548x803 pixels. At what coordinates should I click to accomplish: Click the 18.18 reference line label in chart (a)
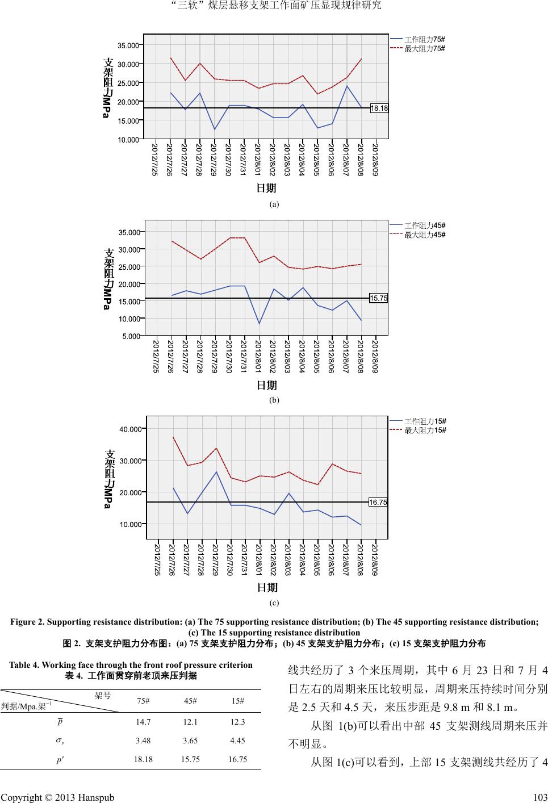(379, 108)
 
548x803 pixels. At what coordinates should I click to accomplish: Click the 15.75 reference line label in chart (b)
(378, 298)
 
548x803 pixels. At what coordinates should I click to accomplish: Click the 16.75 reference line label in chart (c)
(378, 502)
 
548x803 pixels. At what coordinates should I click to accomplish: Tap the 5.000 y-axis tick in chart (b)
(132, 336)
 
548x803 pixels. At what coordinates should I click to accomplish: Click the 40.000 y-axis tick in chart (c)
(131, 429)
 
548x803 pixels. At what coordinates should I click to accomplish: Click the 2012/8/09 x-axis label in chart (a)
(375, 160)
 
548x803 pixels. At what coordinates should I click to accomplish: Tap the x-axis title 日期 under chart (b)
(267, 386)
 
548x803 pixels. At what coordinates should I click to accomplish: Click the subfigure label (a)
(274, 203)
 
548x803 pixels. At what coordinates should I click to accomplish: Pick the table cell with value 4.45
(238, 740)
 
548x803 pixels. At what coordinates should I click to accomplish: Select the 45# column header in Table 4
(191, 700)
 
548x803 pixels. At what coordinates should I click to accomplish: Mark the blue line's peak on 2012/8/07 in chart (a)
(347, 86)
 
